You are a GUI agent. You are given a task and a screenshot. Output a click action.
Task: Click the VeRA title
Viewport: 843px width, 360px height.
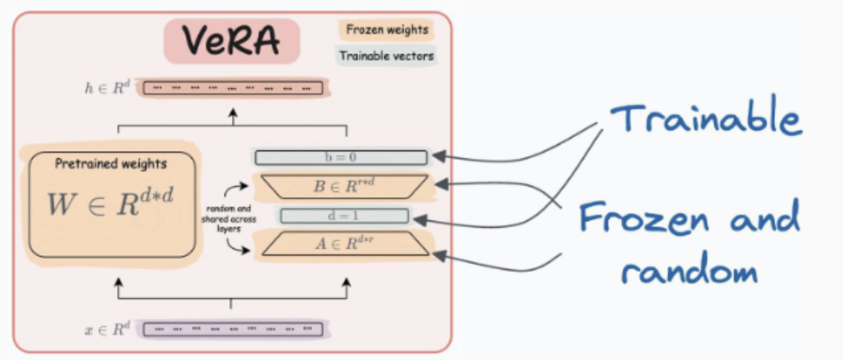tap(231, 42)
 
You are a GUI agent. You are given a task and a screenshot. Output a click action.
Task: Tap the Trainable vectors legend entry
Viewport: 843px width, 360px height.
tap(387, 56)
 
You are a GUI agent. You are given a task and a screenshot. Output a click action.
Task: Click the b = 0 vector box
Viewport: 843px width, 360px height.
tap(340, 158)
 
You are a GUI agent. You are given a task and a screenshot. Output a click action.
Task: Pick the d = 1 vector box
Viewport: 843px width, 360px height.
tap(344, 215)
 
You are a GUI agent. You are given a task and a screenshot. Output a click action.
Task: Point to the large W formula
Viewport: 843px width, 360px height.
tap(111, 205)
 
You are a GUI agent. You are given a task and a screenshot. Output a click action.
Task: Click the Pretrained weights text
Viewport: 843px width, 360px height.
tap(111, 164)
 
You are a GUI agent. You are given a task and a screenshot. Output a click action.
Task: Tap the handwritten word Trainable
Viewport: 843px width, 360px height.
tap(705, 120)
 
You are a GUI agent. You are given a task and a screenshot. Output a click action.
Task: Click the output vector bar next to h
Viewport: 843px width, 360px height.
tap(232, 88)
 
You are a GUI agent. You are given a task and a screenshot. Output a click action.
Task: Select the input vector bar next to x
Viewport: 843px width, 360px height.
tap(232, 330)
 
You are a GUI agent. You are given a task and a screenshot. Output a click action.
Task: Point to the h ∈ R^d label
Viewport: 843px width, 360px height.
tap(108, 88)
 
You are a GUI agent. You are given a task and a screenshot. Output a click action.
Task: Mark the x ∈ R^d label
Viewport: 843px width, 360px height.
tap(108, 330)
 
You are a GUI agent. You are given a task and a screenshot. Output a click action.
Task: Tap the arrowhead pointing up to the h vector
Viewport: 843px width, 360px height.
tap(233, 113)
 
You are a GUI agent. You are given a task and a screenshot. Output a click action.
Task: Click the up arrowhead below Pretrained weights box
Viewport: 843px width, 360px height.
tap(118, 284)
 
